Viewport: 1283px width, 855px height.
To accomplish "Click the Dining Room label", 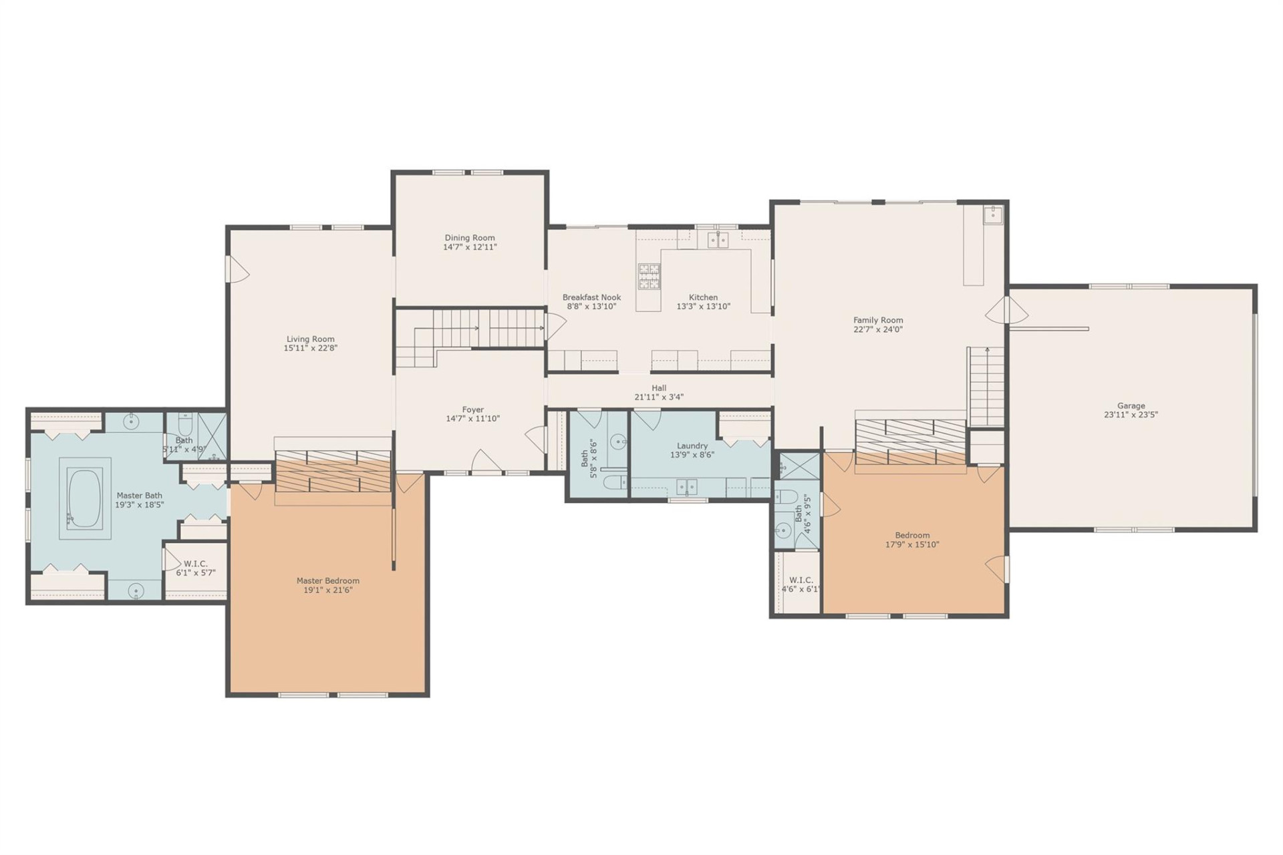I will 470,238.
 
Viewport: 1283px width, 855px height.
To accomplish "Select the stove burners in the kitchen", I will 649,277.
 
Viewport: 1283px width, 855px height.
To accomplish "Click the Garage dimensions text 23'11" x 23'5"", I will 1131,415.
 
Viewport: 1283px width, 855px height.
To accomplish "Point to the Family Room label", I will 877,320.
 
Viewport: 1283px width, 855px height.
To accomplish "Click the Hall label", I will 659,388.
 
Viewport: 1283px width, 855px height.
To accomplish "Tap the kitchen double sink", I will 718,240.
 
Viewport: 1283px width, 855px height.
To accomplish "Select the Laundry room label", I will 692,446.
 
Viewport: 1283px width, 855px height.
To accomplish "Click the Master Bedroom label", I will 327,581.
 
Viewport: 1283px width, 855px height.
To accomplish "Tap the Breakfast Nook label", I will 591,298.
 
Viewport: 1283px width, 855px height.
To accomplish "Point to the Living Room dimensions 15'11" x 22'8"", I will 310,348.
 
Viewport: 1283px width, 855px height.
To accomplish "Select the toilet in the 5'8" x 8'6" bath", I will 613,482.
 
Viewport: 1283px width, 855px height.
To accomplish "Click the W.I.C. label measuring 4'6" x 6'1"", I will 801,584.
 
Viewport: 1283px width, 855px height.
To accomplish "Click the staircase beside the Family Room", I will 987,387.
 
